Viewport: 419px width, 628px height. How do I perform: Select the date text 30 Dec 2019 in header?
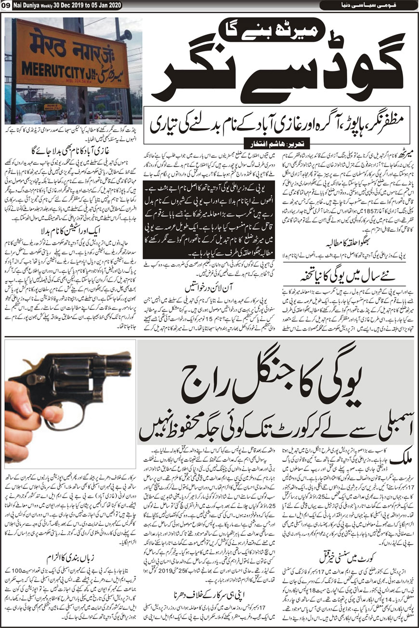(73, 5)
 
